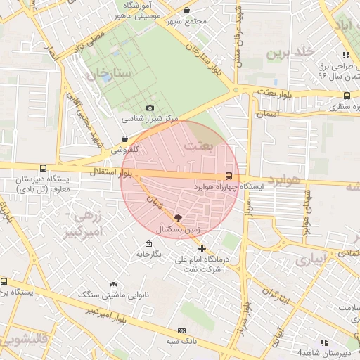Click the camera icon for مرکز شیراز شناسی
click(x=149, y=108)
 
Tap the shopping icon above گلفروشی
click(x=124, y=139)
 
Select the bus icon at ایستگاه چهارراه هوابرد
click(x=228, y=176)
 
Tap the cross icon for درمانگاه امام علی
click(x=202, y=248)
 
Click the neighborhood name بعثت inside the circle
click(x=198, y=146)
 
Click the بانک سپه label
click(x=180, y=341)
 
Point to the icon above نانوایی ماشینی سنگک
click(x=113, y=284)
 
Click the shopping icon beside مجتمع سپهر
click(x=186, y=11)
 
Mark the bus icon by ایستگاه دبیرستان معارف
click(x=44, y=169)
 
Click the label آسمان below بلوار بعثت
click(x=268, y=112)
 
